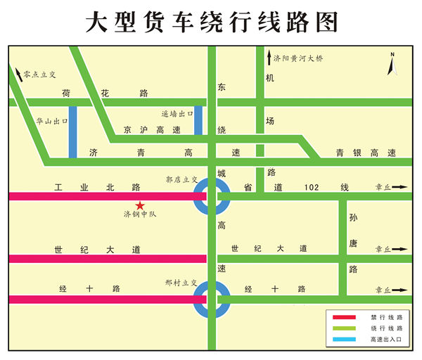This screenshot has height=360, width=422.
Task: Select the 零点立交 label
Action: point(39,73)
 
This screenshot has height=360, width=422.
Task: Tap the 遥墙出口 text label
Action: point(177,112)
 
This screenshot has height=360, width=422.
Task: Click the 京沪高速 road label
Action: point(151,130)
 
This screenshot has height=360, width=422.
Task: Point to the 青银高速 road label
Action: point(365,153)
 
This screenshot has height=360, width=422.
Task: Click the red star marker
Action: point(140,205)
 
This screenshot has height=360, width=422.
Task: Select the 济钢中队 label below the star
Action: point(140,214)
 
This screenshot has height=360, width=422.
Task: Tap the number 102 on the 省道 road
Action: point(312,187)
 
